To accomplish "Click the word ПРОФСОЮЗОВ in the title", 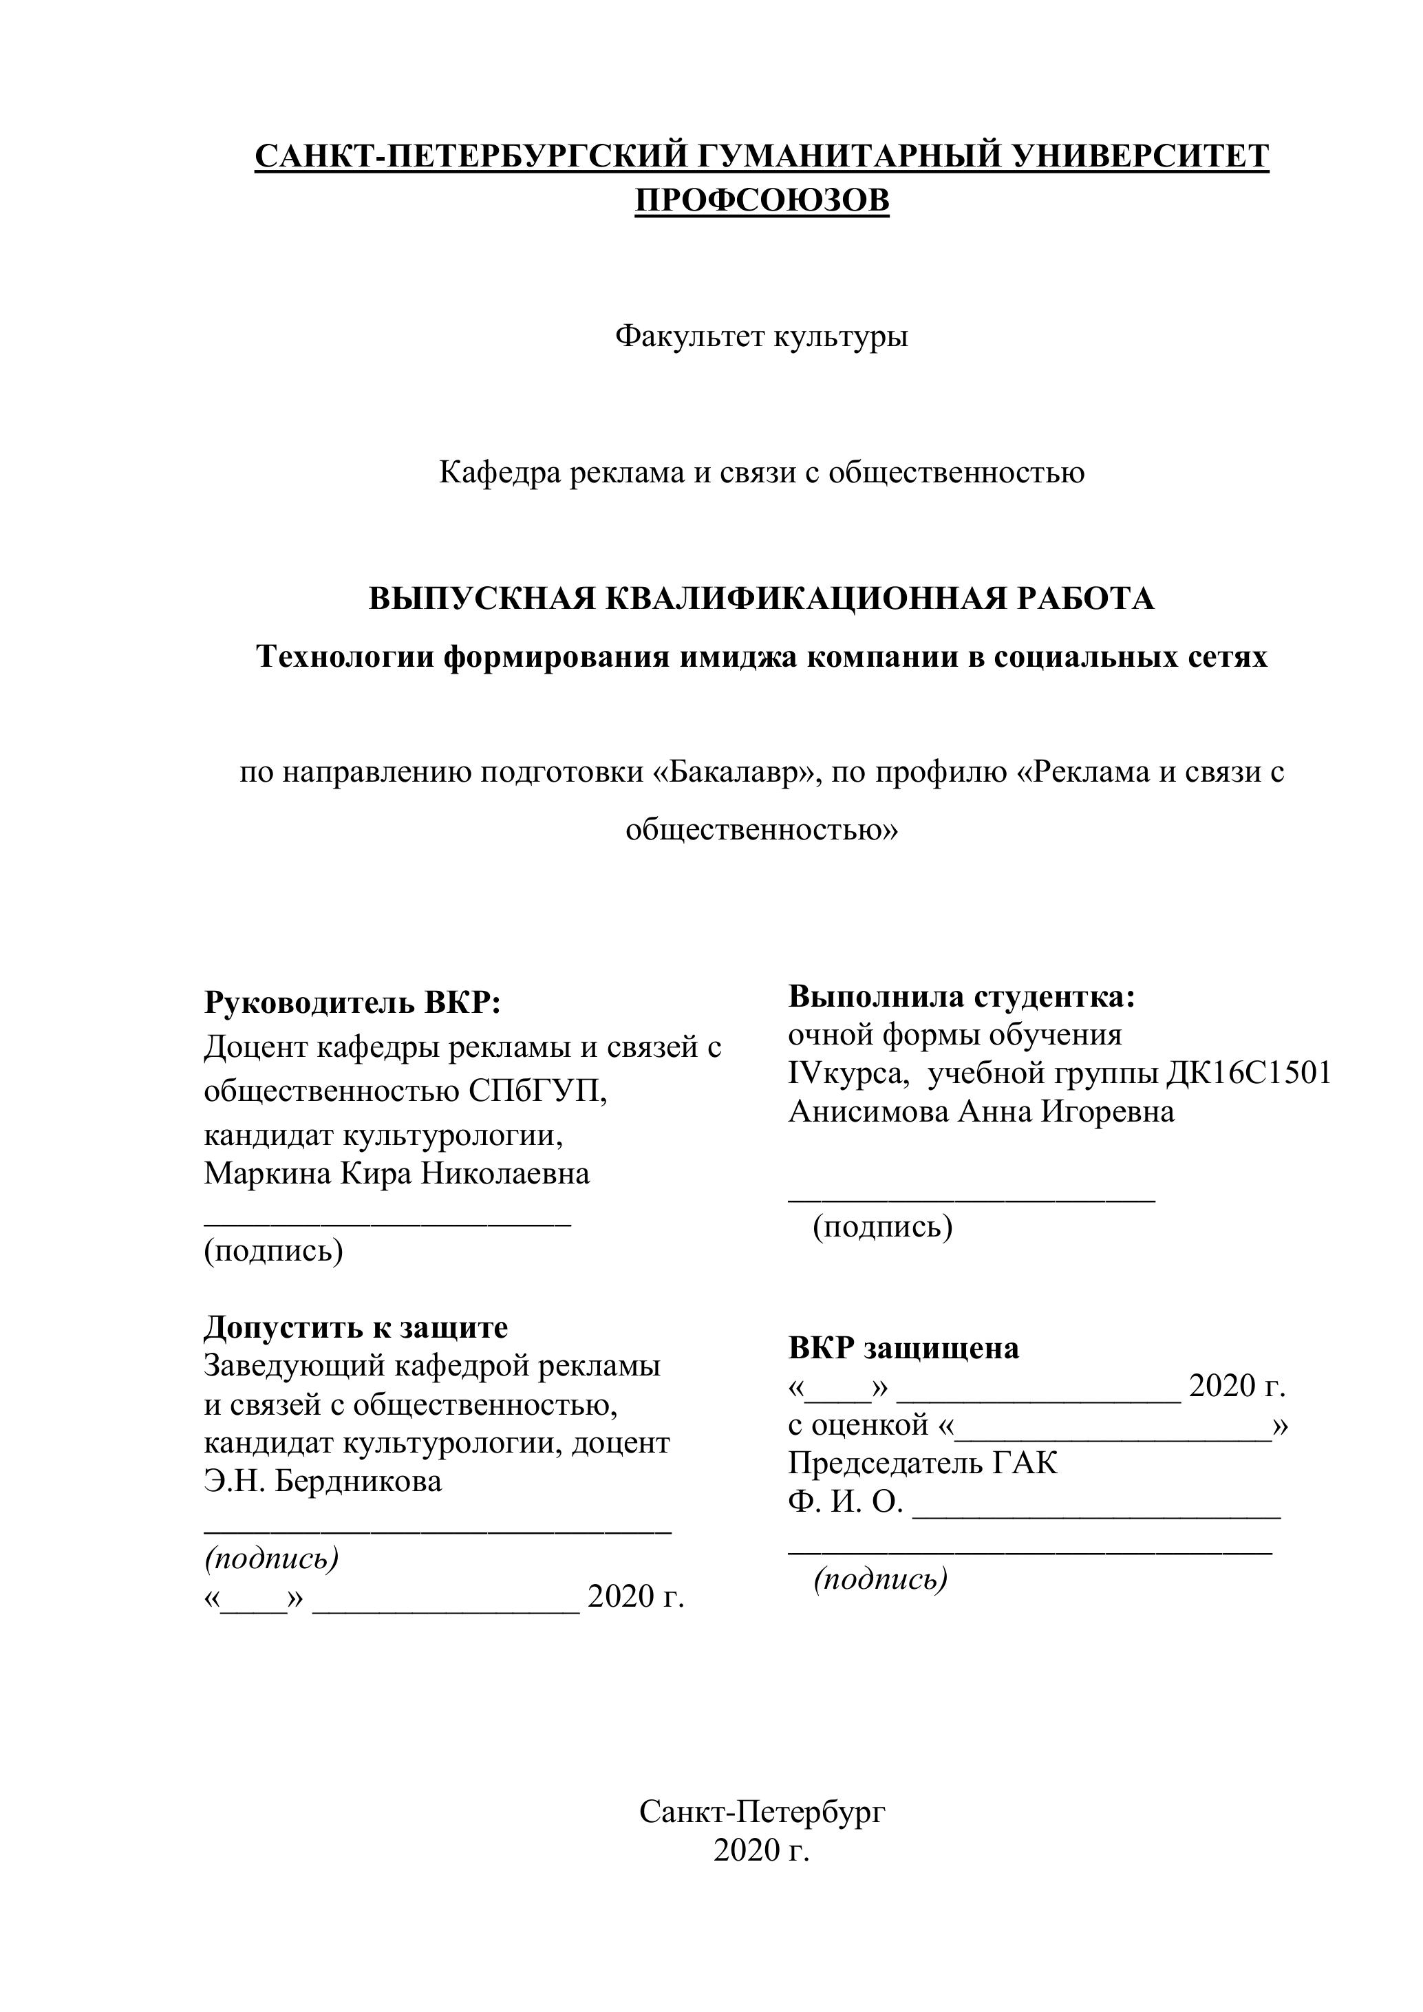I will point(762,201).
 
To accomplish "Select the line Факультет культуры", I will point(762,336).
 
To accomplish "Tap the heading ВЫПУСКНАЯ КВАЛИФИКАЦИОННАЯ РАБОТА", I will point(762,599).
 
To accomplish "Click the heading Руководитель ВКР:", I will point(352,1002).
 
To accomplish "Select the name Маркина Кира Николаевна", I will point(397,1173).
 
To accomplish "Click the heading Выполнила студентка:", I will point(961,996).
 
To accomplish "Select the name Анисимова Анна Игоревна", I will point(981,1112).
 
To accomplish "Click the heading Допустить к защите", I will point(356,1327).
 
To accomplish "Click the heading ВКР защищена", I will point(903,1348).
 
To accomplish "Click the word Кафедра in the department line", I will point(500,472).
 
